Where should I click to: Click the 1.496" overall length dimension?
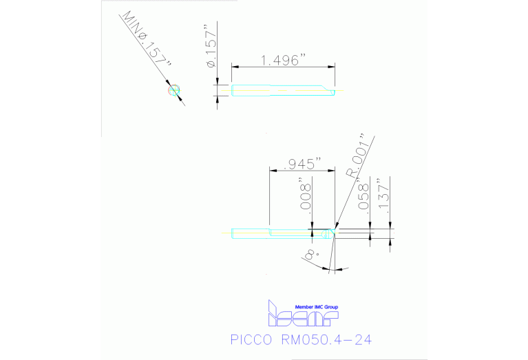click(x=282, y=60)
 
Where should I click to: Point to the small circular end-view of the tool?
click(x=173, y=89)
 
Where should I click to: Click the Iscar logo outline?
click(x=302, y=317)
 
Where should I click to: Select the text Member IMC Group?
click(x=316, y=307)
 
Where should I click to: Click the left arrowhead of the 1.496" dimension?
click(x=234, y=67)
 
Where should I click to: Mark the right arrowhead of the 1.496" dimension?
click(x=333, y=67)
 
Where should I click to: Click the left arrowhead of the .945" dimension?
click(x=271, y=170)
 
